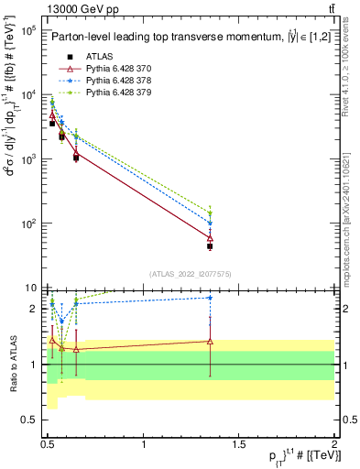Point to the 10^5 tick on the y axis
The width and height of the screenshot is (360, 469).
coord(27,30)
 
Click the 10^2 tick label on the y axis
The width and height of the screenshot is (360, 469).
coord(27,224)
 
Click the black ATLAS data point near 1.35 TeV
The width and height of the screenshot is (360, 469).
coord(211,246)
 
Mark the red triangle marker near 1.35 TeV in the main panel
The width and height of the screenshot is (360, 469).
coord(211,238)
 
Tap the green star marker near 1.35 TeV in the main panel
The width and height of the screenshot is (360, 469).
coord(211,213)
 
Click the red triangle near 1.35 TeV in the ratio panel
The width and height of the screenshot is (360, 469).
coord(211,341)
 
